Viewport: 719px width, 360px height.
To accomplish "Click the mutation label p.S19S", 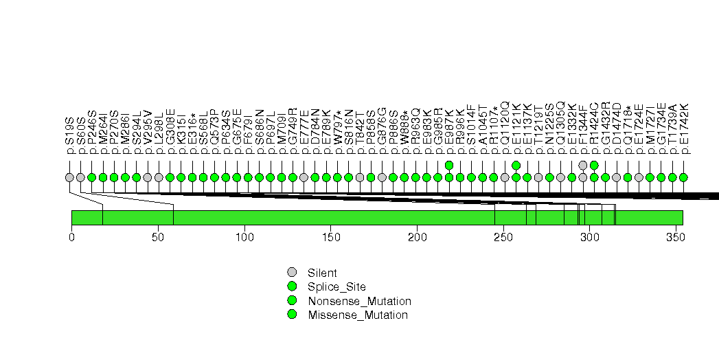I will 69,135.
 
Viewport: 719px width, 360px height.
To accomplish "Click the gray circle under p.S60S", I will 80,177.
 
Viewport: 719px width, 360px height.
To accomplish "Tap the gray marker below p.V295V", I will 148,177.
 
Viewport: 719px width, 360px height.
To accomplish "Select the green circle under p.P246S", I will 91,177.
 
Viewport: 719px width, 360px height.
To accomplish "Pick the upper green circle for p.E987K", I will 449,165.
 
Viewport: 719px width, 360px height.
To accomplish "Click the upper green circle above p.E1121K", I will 516,165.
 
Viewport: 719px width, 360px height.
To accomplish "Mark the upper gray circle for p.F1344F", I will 583,165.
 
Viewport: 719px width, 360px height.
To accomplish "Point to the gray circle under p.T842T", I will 360,177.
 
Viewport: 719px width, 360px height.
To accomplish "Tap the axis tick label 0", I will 71,237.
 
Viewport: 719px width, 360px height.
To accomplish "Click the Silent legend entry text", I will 323,273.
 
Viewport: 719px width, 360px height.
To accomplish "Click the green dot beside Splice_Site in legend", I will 292,286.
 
